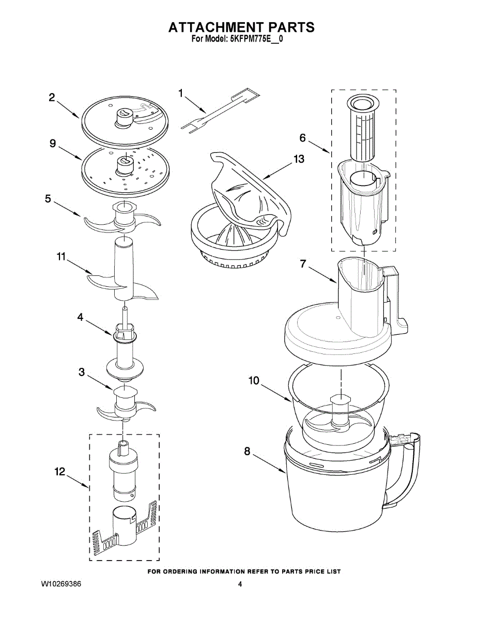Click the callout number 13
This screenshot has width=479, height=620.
(x=299, y=159)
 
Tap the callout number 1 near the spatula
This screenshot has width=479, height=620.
(x=181, y=93)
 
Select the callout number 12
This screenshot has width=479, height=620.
(x=60, y=471)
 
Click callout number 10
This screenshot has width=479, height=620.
(x=254, y=381)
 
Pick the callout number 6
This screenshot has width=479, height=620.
(x=303, y=137)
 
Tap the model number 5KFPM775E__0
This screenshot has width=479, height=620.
(x=256, y=39)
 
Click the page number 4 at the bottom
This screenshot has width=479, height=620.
(x=240, y=584)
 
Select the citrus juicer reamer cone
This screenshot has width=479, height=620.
(x=230, y=239)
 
